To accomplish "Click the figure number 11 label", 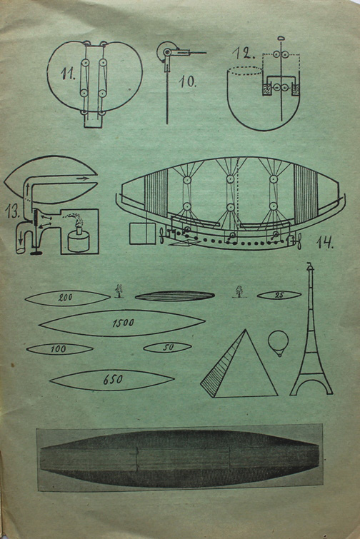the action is point(68,74).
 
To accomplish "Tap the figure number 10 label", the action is point(188,82).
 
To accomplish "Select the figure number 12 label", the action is point(244,53).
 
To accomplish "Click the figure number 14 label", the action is point(324,242).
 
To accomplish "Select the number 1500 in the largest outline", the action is point(123,323).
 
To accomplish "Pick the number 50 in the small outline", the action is point(168,348).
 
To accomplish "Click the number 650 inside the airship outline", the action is point(113,380).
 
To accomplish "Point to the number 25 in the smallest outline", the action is point(279,295).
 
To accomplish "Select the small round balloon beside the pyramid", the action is point(278,343).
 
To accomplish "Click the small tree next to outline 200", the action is point(119,291).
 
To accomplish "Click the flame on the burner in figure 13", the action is point(76,219).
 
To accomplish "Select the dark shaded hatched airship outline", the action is point(175,296).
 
